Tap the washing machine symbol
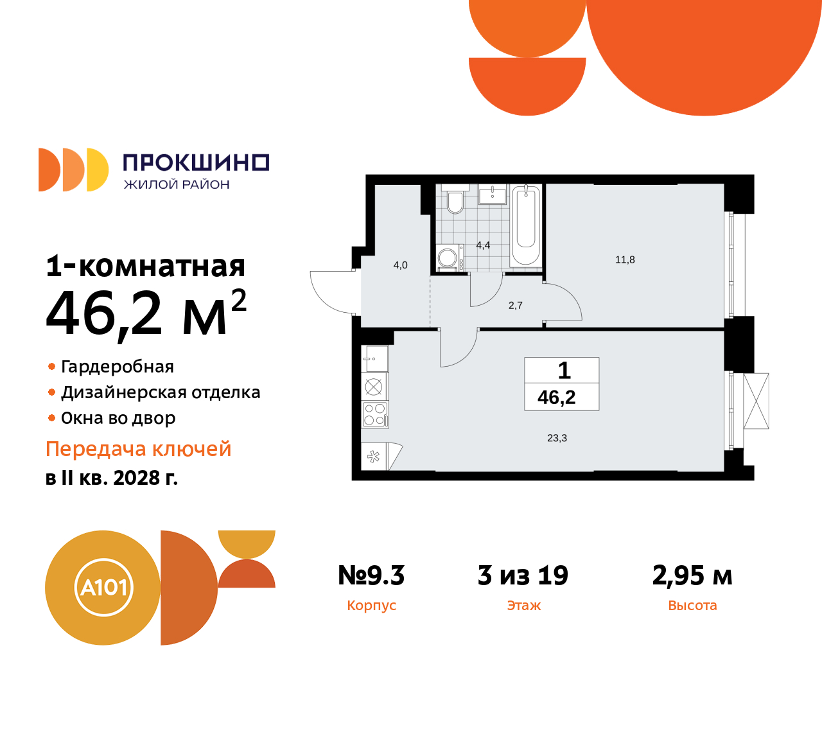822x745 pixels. click(x=448, y=258)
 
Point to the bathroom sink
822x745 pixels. click(x=493, y=195)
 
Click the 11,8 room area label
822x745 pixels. click(x=625, y=260)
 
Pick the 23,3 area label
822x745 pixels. click(x=557, y=438)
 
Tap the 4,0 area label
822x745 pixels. click(x=400, y=265)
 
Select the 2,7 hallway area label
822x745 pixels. click(x=515, y=306)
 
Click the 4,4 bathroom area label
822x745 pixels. click(x=483, y=245)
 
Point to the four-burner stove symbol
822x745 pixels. click(x=374, y=414)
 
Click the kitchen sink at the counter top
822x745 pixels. click(x=375, y=359)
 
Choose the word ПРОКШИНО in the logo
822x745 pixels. click(x=196, y=163)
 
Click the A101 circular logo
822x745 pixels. click(x=103, y=588)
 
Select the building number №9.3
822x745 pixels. click(x=371, y=575)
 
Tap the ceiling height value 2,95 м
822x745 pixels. click(x=692, y=575)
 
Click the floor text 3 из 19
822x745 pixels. click(x=523, y=575)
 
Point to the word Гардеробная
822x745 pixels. click(x=118, y=367)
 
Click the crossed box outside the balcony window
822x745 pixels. click(x=756, y=401)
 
